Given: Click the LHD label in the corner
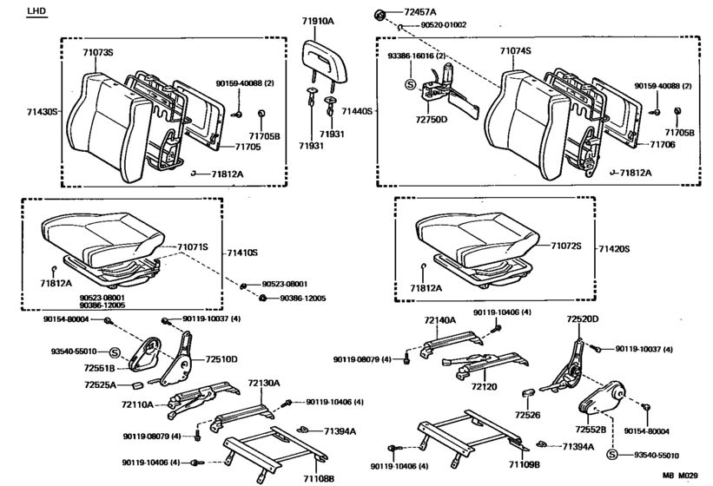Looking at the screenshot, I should coord(37,11).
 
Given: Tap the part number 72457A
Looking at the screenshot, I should coord(419,12).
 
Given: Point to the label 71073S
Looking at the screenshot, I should coord(98,53).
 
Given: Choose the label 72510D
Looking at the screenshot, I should coord(221,358).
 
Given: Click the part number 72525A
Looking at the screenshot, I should coord(101,384).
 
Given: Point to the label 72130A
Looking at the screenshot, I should coord(264,382).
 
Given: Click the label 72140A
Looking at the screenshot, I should coord(439,320).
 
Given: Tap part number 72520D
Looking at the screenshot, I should coord(583,319).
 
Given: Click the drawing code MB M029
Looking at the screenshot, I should coord(680,476).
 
